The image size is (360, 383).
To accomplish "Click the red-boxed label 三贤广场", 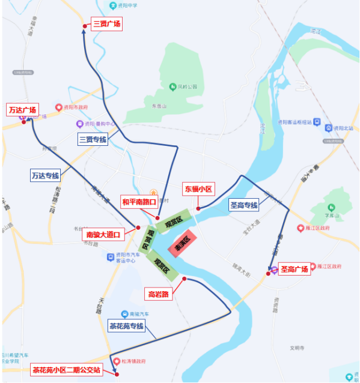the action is tap(107, 24).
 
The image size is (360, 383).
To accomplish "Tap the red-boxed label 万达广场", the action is tap(23, 110).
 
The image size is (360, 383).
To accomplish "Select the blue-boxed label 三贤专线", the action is tap(93, 140).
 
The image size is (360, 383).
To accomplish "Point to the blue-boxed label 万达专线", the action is tap(45, 175).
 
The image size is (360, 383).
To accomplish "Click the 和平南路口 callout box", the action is tap(139, 201).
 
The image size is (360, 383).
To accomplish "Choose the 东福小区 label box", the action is tap(199, 189).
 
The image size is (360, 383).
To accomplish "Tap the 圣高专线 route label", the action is tap(244, 205).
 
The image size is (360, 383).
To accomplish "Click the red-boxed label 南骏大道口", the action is tap(104, 235).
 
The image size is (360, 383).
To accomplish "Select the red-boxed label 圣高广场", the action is tap(294, 269).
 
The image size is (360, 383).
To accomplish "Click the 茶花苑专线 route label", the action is tap(126, 327).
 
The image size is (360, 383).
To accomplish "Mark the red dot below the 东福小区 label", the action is tap(198, 208).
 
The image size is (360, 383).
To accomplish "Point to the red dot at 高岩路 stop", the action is tap(184, 279).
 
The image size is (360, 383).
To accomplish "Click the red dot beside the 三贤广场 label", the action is tap(84, 26).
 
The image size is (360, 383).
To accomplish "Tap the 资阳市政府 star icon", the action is tap(59, 107).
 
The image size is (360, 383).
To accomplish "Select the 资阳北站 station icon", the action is tap(328, 128).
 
